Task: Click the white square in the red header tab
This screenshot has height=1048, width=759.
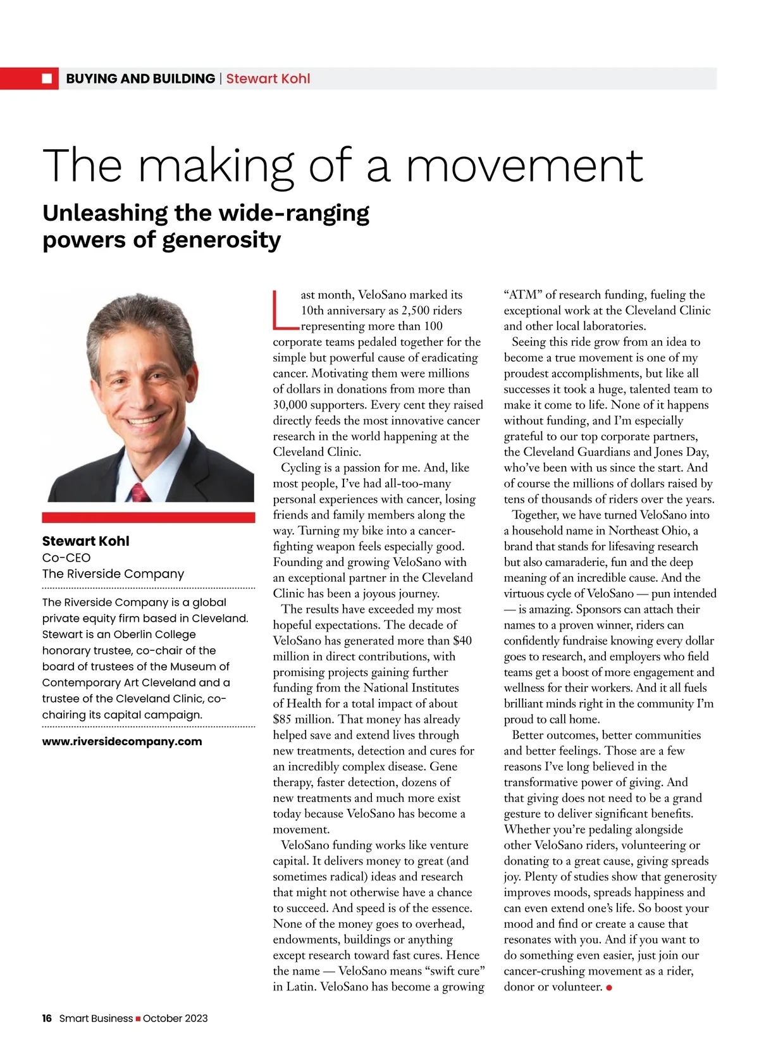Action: click(x=47, y=78)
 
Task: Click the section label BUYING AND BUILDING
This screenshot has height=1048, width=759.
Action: click(x=140, y=78)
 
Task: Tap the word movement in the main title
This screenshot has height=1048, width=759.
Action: click(x=524, y=165)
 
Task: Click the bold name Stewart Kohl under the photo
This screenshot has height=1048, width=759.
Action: click(x=85, y=541)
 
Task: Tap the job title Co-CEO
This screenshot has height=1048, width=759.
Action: click(x=66, y=557)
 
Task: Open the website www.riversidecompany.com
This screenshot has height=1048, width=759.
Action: click(x=122, y=741)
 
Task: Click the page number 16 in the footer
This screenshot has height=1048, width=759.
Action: click(x=47, y=1018)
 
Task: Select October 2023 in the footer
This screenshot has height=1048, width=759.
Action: click(x=175, y=1018)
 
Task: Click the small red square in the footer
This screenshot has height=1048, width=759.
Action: click(x=138, y=1018)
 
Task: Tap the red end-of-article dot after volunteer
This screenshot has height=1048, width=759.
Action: click(x=609, y=987)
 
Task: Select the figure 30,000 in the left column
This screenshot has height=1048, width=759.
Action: click(x=288, y=405)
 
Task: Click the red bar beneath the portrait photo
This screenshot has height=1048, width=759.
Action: click(x=148, y=517)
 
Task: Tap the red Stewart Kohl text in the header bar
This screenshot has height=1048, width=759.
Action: click(x=268, y=78)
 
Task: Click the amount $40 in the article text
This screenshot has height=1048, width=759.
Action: click(x=462, y=641)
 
